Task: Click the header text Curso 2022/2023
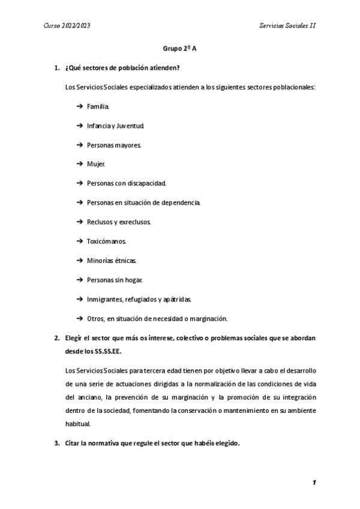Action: [67, 26]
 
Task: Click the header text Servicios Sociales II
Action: [287, 26]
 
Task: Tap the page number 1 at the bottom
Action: [314, 483]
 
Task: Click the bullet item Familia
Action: [98, 106]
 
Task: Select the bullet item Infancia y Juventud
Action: [115, 126]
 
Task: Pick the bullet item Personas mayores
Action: [114, 145]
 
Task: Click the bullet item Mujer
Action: [96, 164]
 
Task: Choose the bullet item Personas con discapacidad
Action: [126, 183]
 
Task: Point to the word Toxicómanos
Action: [107, 241]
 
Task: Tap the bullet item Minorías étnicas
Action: [112, 261]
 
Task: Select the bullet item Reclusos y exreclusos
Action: [119, 221]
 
